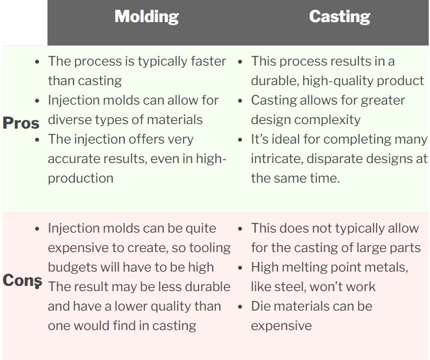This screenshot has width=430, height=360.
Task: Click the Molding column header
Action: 146,17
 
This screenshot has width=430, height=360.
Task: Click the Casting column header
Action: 340,17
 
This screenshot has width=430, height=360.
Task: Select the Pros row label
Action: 21,123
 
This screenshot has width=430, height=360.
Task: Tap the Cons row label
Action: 23,280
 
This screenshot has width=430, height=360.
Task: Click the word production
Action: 81,179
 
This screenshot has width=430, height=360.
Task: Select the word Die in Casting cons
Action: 261,306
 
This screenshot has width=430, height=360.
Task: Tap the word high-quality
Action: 338,81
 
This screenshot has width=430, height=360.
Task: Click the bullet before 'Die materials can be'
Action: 240,307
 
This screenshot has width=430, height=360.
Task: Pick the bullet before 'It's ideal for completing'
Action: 240,140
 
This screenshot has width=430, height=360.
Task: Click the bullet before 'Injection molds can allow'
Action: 37,101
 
